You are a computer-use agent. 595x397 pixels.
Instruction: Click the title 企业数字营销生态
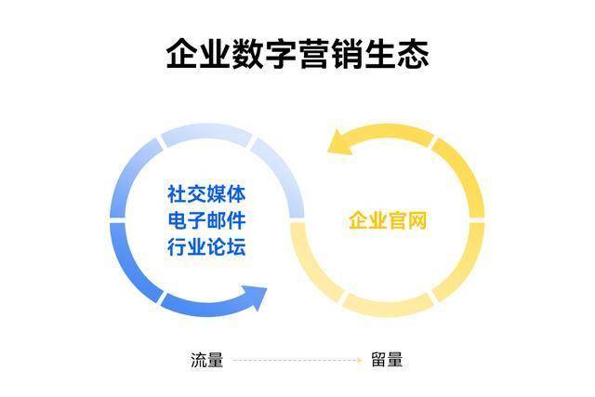(x=297, y=53)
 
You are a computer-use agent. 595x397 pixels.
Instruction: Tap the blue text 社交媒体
(x=206, y=195)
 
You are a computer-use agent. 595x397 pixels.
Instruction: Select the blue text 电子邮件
(x=206, y=221)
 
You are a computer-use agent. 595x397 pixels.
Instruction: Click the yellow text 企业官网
(x=388, y=221)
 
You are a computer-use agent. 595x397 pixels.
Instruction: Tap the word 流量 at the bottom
(x=206, y=360)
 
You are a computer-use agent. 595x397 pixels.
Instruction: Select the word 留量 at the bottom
(x=386, y=360)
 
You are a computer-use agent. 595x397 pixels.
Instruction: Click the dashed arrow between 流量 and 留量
(x=296, y=360)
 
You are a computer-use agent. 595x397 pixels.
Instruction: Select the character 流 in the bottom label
(x=198, y=360)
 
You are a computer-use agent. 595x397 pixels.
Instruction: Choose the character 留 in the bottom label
(x=377, y=360)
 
